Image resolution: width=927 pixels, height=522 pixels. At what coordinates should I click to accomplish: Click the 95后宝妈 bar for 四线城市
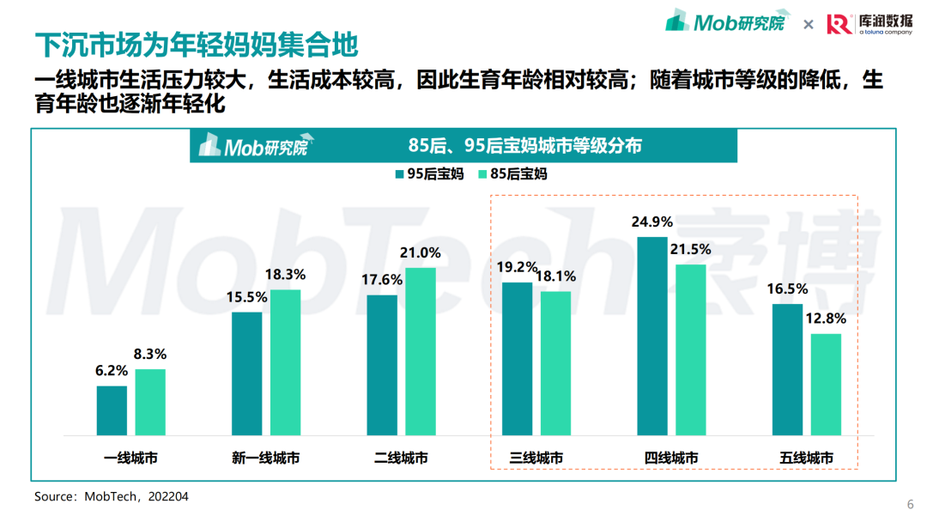tap(651, 337)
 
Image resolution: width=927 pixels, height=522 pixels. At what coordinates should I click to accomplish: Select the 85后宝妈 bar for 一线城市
tap(150, 403)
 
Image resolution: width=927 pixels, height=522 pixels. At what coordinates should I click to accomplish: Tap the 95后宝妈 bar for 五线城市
tap(787, 370)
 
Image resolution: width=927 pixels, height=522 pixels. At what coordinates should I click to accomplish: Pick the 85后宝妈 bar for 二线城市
tap(421, 352)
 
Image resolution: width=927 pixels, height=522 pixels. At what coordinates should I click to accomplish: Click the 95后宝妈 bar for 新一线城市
tap(247, 374)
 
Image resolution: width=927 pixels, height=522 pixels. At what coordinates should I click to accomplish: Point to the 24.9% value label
tap(652, 222)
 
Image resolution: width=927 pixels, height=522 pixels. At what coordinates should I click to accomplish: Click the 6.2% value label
tap(112, 371)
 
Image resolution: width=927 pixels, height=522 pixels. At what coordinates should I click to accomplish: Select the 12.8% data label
tap(826, 319)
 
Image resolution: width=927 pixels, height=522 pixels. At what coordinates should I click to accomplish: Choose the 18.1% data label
tap(555, 276)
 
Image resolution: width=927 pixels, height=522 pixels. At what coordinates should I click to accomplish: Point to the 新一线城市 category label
tap(266, 458)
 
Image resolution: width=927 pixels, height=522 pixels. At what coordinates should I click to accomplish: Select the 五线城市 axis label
tap(807, 458)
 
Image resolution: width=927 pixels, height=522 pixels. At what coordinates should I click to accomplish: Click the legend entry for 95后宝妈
tap(429, 173)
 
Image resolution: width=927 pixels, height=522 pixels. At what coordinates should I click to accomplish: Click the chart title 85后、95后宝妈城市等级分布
tap(524, 145)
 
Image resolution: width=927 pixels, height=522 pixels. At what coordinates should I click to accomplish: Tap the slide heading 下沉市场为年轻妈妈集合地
tap(196, 44)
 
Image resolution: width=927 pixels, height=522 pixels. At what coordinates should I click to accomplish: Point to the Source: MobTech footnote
tap(112, 496)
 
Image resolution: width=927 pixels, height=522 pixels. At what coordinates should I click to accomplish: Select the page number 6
tap(910, 503)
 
